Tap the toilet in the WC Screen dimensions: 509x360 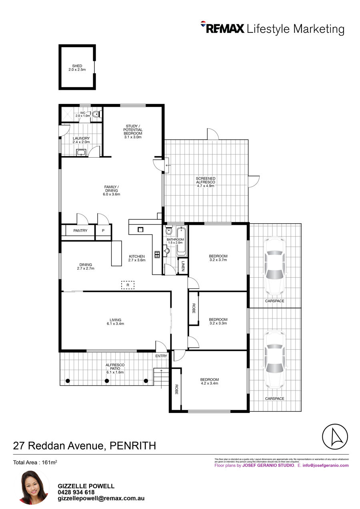pos(96,114)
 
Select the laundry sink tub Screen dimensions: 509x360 pos(81,152)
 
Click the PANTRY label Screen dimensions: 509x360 pos(80,230)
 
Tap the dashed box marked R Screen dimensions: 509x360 pos(128,285)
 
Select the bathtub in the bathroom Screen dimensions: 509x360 pos(181,241)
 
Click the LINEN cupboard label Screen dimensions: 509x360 pos(183,266)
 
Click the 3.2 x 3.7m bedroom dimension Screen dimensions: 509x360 pos(218,260)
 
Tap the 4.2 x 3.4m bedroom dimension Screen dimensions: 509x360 pos(209,383)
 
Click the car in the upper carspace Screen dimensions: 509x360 pos(275,265)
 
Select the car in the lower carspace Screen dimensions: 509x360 pos(275,359)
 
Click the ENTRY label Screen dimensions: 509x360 pos(161,356)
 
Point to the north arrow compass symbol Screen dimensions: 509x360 pos(335,437)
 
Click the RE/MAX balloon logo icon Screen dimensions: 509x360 pos(203,25)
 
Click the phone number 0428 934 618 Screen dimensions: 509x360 pos(76,492)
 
